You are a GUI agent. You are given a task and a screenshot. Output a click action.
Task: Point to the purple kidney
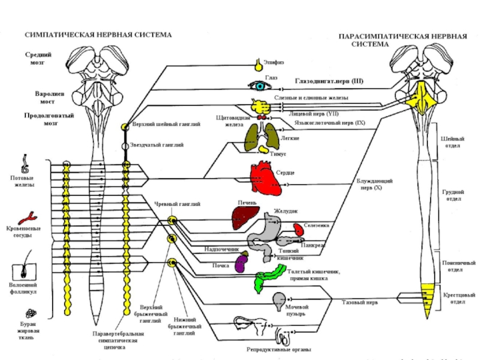tap(242, 264)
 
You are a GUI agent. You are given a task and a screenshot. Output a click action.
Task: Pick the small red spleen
tap(298, 230)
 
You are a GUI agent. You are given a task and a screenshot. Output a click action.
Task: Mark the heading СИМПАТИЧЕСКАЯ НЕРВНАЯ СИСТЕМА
tap(98, 35)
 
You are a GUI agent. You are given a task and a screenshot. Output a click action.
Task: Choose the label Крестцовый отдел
tap(463, 298)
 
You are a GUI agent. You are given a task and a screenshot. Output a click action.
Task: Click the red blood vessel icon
tap(26, 217)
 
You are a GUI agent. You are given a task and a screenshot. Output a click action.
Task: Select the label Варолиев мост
tap(37, 98)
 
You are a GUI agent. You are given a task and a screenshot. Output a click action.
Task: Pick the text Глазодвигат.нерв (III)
tap(329, 80)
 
